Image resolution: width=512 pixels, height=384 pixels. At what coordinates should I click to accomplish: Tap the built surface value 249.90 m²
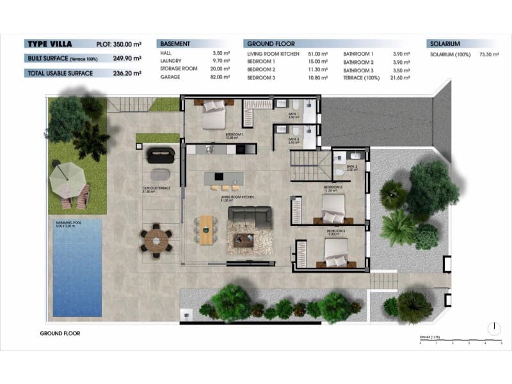[127, 58]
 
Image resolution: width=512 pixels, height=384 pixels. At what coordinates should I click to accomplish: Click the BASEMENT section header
[175, 44]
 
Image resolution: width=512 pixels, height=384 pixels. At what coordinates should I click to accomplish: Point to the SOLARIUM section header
[445, 44]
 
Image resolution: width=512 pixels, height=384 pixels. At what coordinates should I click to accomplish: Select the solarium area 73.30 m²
[488, 56]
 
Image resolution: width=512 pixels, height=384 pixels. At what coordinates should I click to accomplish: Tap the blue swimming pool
[77, 267]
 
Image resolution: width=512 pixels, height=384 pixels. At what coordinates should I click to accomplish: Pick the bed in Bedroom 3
[336, 256]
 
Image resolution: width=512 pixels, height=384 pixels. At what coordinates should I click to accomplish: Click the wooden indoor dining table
[206, 229]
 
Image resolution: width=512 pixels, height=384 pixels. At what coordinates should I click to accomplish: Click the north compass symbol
[493, 328]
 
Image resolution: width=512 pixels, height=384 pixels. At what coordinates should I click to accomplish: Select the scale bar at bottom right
[461, 342]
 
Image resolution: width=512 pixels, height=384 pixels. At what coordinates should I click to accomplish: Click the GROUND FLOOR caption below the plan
[60, 333]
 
